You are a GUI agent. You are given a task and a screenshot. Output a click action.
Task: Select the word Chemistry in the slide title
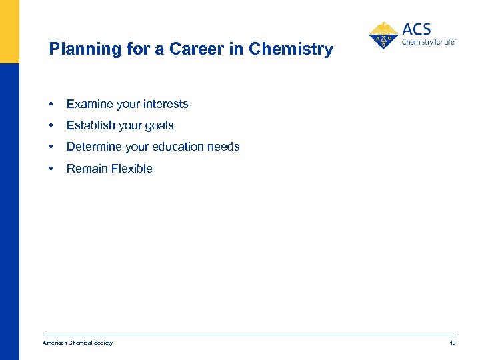click(291, 49)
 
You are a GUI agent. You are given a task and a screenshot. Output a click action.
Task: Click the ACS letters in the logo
click(417, 29)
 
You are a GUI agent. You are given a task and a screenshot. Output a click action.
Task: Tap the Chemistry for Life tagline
click(429, 42)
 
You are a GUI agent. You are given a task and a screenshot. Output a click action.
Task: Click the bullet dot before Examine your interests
click(51, 104)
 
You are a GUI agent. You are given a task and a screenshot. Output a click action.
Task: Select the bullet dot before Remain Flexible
click(51, 169)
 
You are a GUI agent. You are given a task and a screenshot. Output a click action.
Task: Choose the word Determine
click(93, 147)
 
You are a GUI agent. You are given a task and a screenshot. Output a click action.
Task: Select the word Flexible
click(132, 169)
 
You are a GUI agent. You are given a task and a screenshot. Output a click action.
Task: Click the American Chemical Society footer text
click(78, 343)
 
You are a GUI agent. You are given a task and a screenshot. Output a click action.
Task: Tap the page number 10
click(452, 343)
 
